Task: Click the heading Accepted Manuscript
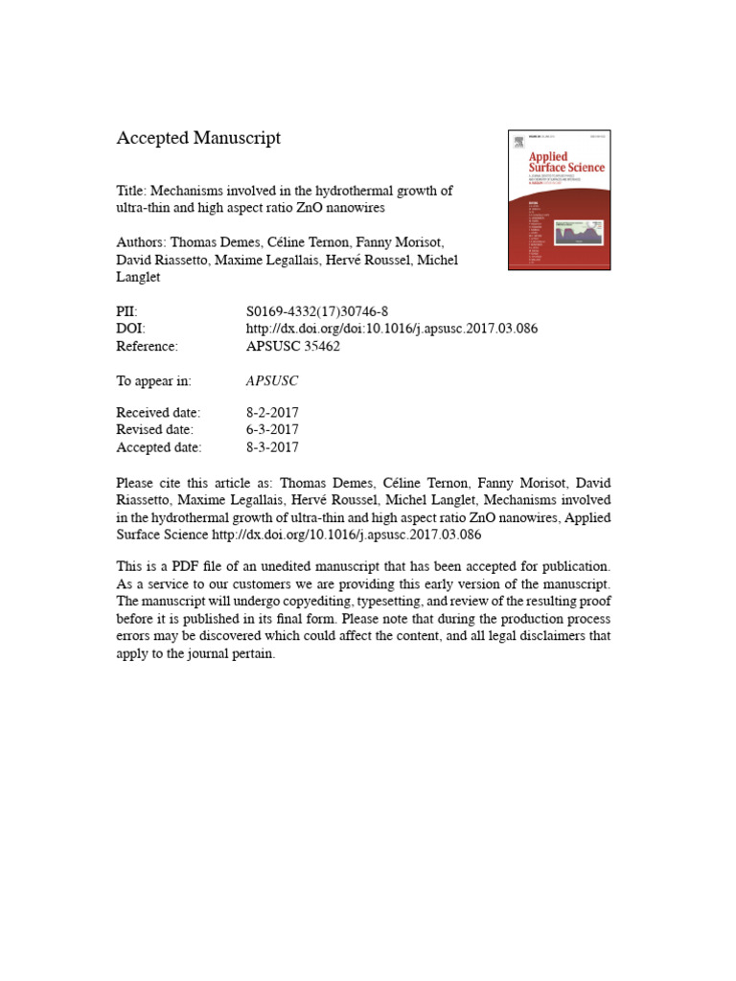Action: point(198,138)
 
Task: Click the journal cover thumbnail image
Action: point(558,199)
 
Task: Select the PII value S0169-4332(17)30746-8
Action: point(317,310)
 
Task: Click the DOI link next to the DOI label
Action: point(392,329)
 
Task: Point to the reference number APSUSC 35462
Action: point(293,347)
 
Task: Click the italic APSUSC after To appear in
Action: point(272,381)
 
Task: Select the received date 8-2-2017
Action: point(272,412)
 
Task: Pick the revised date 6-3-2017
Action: point(272,429)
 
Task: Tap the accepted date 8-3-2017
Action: point(272,447)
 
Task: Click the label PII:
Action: point(127,310)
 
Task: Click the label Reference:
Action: point(147,347)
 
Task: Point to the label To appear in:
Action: point(153,381)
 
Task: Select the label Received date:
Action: point(158,412)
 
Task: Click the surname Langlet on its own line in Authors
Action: point(140,278)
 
